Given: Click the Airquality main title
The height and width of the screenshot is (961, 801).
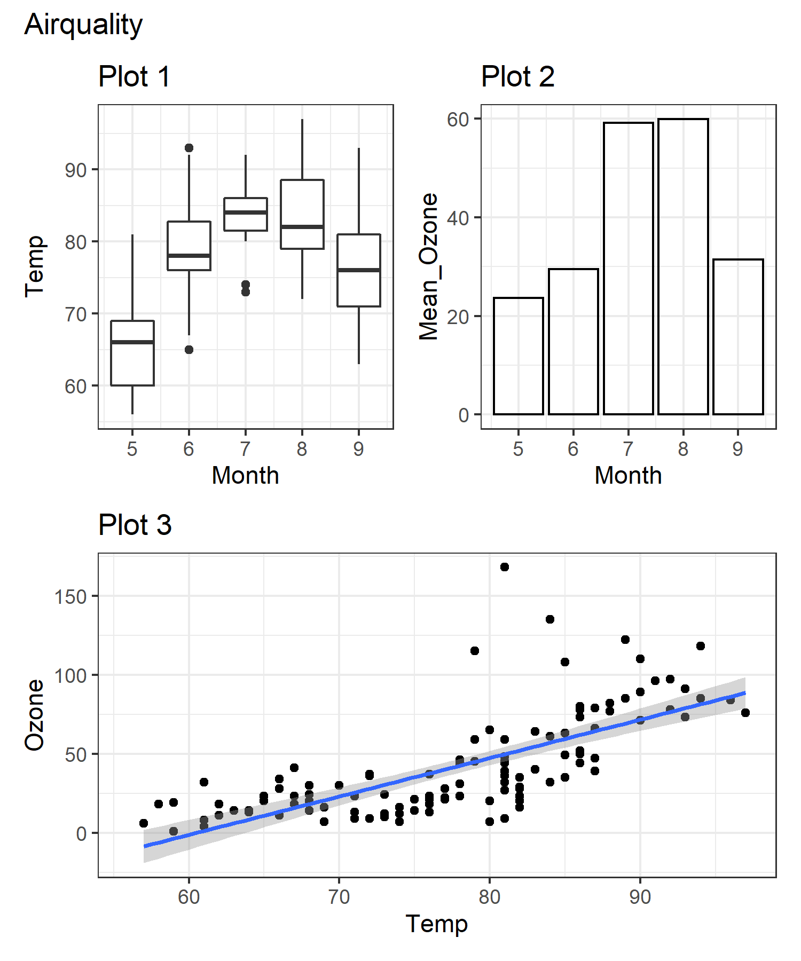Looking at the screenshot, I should coord(83,25).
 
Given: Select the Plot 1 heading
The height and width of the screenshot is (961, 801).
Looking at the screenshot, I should coord(134,77).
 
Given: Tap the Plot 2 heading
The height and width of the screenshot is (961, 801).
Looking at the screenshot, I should coord(517,77).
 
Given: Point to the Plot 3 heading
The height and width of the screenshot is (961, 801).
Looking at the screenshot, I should coord(135,525).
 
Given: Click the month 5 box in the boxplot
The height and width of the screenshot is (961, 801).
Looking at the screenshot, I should coord(132,353).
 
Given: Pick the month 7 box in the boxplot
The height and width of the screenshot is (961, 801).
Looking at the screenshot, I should coord(246,214).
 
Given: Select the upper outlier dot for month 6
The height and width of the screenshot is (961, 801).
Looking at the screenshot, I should coord(189,148).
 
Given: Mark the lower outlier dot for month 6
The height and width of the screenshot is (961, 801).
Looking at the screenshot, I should coord(189,350).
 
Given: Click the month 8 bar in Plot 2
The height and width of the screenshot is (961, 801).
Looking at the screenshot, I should coord(683,267).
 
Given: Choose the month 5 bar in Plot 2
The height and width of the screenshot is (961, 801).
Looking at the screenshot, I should coord(518,356).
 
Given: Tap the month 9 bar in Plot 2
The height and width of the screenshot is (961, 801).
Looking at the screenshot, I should coord(738,337).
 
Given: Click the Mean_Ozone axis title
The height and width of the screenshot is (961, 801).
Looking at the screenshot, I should coord(429,267).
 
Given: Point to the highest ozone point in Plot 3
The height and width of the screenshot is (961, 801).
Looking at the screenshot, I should coord(505,567).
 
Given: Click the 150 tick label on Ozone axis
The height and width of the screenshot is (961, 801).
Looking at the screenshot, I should coord(70,597).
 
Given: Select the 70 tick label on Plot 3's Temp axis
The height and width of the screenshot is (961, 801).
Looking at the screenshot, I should coord(339,897).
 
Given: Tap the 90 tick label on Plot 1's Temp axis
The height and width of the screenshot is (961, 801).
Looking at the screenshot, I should coord(75,171).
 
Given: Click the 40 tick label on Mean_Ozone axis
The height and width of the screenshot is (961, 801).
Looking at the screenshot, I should coord(458,218).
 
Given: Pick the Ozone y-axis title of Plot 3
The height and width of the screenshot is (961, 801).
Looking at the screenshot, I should coord(35,715).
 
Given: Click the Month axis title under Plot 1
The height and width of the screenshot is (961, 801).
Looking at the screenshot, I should coord(245,476).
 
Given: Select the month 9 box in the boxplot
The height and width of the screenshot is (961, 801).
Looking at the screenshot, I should coord(359,270).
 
